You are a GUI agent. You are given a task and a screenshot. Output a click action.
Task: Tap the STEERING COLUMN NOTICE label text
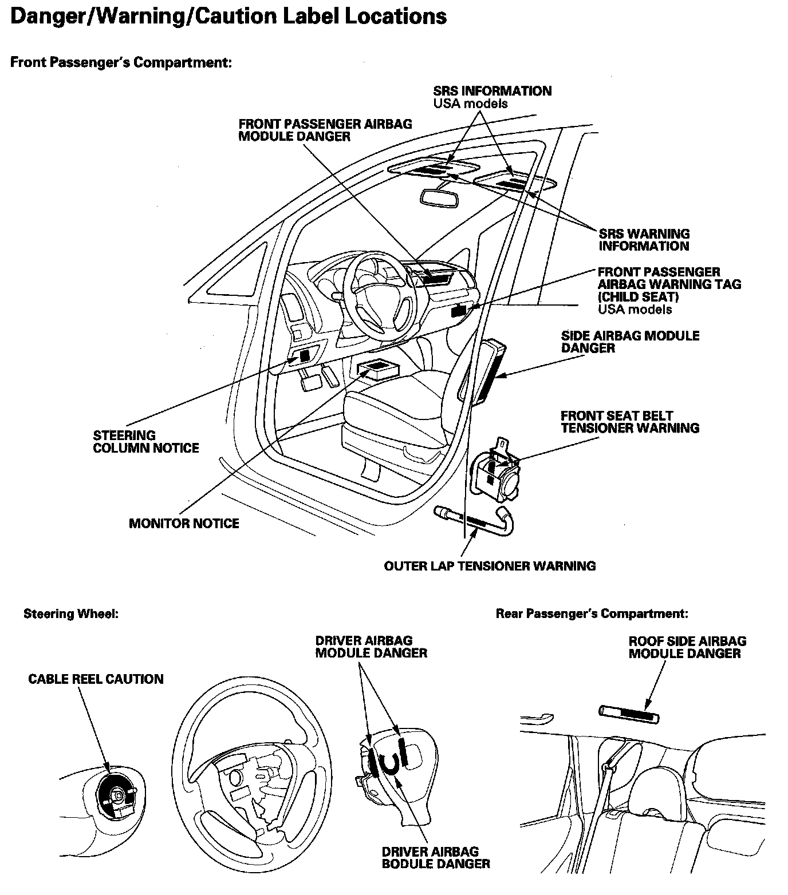[x=146, y=442]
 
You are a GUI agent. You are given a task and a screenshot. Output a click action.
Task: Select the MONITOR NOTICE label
[x=184, y=524]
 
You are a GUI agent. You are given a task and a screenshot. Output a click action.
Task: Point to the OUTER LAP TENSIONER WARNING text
[x=490, y=567]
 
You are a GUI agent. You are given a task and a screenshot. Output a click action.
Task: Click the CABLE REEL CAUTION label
[x=96, y=679]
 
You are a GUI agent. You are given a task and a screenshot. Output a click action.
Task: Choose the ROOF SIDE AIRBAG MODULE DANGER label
[x=687, y=647]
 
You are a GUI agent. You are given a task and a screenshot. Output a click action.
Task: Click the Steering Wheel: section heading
[x=71, y=614]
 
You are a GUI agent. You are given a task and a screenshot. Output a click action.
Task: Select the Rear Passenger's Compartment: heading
[x=592, y=614]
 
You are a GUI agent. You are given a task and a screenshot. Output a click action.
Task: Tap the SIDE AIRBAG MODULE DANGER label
[x=630, y=342]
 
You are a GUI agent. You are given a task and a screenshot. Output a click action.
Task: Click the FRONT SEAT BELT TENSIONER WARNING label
[x=629, y=422]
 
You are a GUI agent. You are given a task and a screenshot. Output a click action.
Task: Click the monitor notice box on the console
[x=375, y=370]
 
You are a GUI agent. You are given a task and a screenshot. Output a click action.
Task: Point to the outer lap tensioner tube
[x=475, y=520]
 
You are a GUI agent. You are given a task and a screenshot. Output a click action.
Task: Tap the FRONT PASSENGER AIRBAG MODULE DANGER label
[x=325, y=130]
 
